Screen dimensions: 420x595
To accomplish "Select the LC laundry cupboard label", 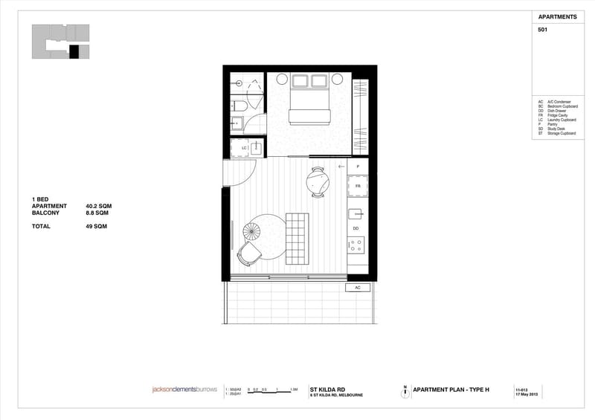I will click(x=244, y=148).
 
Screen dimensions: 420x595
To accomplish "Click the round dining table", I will click(x=318, y=181).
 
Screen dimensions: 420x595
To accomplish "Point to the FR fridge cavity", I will click(x=358, y=186).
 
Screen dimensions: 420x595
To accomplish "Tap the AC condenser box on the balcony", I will click(x=358, y=287).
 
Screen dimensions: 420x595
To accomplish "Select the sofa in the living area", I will click(x=297, y=236).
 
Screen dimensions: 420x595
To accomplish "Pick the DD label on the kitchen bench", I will click(x=356, y=228).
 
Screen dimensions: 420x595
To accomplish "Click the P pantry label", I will click(x=358, y=167).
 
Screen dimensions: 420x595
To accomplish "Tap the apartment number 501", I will click(x=542, y=30).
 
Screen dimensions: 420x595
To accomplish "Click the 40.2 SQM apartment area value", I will click(x=99, y=206).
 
